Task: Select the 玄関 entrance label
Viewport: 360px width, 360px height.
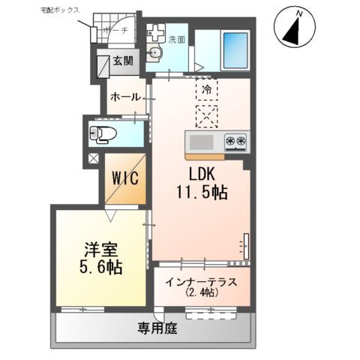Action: coord(123,62)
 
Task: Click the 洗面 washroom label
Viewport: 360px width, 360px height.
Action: coord(176,38)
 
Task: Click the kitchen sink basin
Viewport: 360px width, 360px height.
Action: coord(202,142)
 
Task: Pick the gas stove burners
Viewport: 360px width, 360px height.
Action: coord(235,141)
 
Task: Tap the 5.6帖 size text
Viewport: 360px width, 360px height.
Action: coord(98,267)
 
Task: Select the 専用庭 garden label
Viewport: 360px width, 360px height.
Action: coord(155,327)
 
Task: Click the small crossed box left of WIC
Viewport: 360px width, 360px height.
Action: coord(93,158)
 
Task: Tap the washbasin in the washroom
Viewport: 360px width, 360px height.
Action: coord(156,52)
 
